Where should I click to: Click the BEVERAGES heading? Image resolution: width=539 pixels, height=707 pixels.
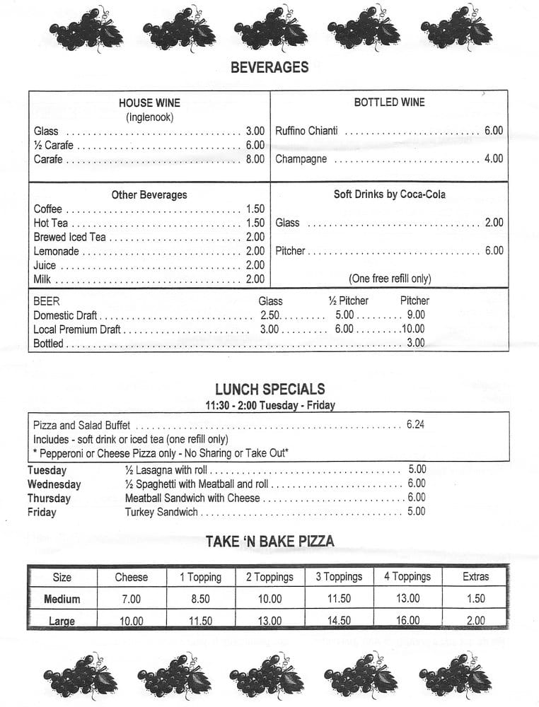(x=269, y=67)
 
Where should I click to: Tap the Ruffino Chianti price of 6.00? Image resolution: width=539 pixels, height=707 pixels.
(x=493, y=131)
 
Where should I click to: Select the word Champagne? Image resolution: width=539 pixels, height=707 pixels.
(x=301, y=159)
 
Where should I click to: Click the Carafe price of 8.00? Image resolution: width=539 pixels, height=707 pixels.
(x=255, y=159)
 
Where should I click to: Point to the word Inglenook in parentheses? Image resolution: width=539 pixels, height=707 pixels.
(x=149, y=117)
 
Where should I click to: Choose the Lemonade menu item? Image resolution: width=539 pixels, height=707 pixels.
(x=57, y=251)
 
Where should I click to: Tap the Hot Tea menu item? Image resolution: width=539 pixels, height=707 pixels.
(x=51, y=223)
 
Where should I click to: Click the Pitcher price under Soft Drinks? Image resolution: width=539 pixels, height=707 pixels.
(x=494, y=250)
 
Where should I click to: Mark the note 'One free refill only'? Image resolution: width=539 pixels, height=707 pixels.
(x=389, y=279)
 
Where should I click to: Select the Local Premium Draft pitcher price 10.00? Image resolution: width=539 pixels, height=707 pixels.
(x=412, y=329)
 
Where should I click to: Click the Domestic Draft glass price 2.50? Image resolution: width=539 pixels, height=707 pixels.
(x=270, y=315)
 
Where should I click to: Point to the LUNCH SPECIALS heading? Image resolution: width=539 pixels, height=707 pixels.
(x=269, y=389)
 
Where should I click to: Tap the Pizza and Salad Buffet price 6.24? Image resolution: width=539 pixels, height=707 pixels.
(x=416, y=425)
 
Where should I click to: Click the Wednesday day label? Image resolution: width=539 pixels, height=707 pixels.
(x=54, y=484)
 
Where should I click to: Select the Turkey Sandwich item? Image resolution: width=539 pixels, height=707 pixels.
(x=161, y=512)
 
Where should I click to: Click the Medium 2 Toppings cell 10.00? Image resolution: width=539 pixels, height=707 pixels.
(x=269, y=599)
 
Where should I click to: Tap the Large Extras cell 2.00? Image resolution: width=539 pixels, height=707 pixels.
(x=475, y=621)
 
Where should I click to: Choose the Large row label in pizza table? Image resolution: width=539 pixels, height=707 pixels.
(x=62, y=621)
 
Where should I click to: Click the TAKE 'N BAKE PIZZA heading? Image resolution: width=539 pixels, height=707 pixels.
(x=269, y=542)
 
